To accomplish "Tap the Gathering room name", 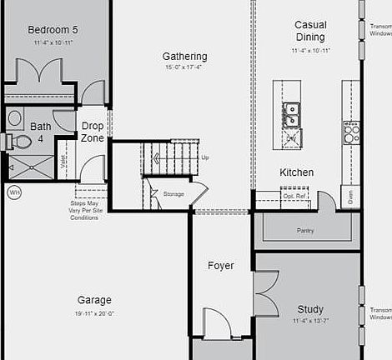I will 184,57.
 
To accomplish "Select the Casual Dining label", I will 310,31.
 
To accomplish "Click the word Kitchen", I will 296,172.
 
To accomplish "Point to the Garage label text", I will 94,300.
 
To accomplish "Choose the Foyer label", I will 220,266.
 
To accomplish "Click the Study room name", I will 310,309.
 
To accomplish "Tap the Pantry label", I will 305,230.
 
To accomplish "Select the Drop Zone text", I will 93,132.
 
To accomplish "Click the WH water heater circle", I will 14,192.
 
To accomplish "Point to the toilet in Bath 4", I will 18,142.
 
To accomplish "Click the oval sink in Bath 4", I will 15,118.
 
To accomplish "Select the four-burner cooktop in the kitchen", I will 351,132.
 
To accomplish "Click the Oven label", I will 349,197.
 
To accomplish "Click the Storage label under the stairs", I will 173,193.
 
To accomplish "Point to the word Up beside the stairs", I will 205,157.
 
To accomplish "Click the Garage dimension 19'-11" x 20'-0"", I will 94,313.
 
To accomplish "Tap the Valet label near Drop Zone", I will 64,167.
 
